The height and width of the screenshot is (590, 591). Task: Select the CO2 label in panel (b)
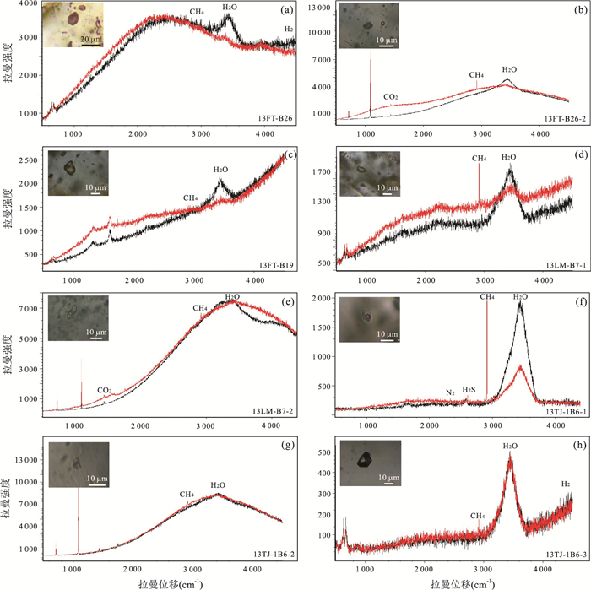click(391, 96)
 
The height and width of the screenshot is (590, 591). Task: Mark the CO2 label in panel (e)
click(105, 390)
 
